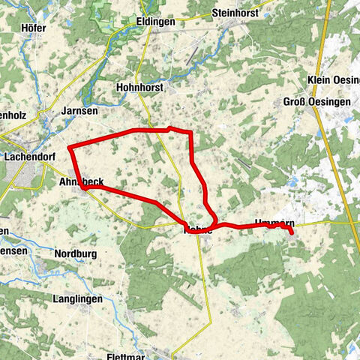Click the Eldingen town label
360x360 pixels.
tap(156, 22)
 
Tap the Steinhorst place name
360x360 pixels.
tap(235, 13)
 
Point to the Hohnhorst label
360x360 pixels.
tap(141, 87)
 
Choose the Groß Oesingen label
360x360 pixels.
tap(314, 102)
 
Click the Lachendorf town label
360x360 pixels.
tap(31, 157)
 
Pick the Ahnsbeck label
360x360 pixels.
tap(81, 181)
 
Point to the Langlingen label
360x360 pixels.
tap(77, 299)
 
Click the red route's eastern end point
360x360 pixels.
tap(290, 233)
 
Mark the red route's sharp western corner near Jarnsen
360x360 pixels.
tap(70, 147)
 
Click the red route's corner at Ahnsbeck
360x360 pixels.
tap(85, 188)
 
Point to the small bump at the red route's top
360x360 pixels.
tap(171, 128)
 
